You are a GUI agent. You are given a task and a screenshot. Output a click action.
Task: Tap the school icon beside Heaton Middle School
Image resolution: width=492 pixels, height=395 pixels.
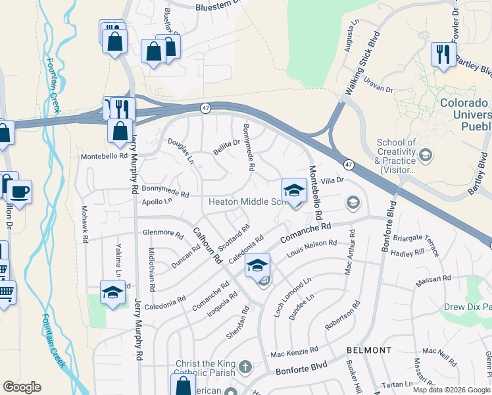(x=294, y=191)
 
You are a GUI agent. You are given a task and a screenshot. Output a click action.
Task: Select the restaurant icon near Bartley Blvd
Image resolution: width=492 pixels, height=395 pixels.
(x=443, y=54)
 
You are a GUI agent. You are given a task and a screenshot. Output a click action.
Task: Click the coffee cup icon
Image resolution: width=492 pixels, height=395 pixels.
(x=20, y=192)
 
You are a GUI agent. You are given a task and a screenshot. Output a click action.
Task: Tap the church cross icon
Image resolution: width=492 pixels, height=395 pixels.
(x=245, y=366)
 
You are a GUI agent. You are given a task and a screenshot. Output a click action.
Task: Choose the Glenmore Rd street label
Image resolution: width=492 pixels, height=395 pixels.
(x=163, y=233)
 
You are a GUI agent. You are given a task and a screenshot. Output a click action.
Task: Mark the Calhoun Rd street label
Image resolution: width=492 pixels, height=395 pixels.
(x=207, y=246)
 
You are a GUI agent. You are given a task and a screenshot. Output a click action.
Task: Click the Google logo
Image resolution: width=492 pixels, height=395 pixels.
(x=22, y=387)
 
